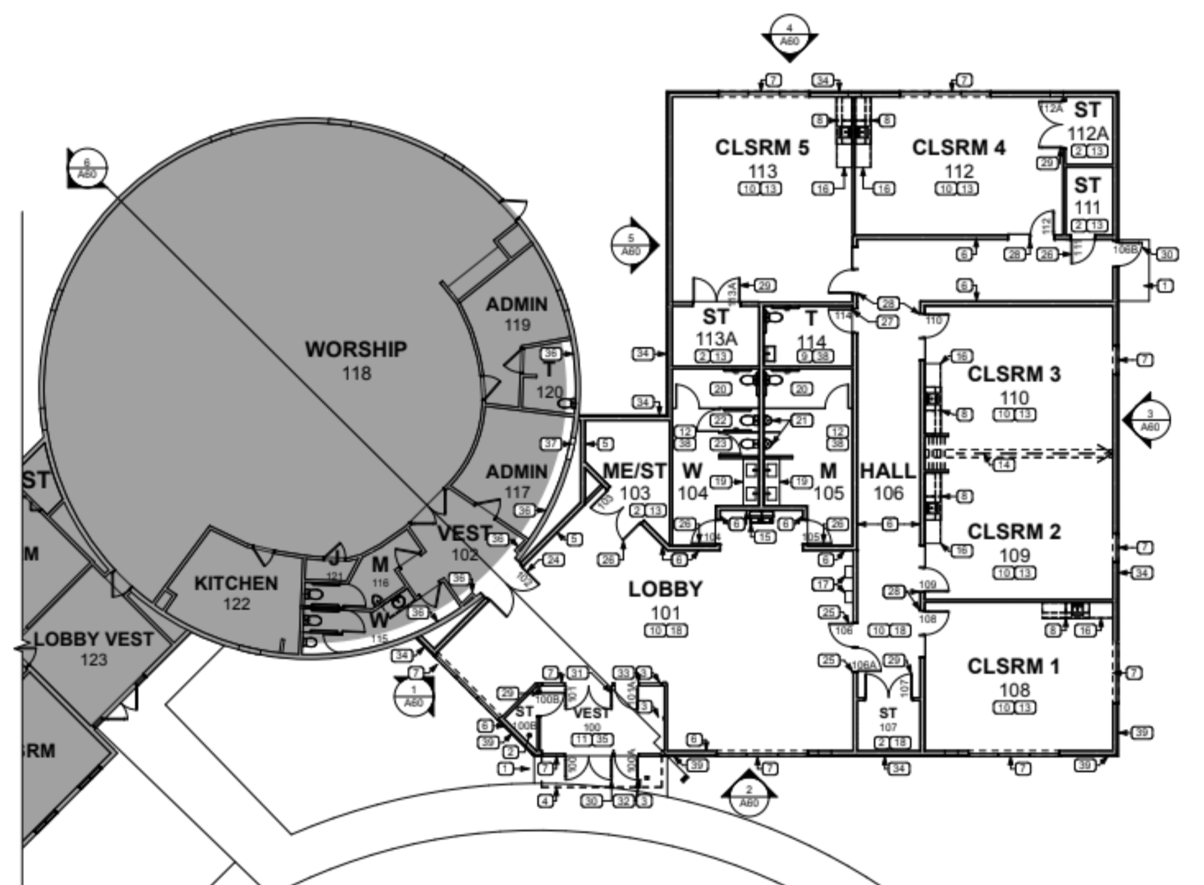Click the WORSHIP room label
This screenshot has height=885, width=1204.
356,350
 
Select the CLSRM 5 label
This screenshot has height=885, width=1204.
762,148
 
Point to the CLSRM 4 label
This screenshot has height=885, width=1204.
958,148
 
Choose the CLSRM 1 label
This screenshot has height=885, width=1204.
1013,666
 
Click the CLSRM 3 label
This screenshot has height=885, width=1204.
1014,374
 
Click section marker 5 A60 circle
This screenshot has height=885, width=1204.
631,245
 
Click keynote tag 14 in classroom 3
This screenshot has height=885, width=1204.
1004,465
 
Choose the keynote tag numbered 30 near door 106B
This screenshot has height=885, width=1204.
1167,254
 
